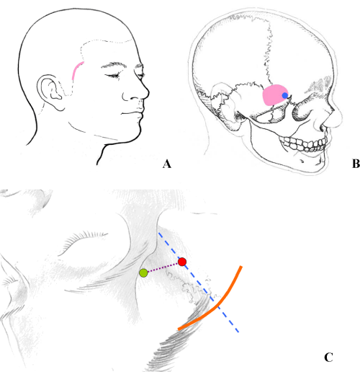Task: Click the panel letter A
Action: pyautogui.click(x=167, y=164)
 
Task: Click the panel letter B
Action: pyautogui.click(x=356, y=164)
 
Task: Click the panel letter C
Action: pyautogui.click(x=328, y=358)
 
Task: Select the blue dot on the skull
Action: pyautogui.click(x=285, y=95)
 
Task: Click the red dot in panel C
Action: pyautogui.click(x=182, y=262)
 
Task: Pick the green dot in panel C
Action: pyautogui.click(x=143, y=273)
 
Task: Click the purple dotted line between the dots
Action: pyautogui.click(x=163, y=267)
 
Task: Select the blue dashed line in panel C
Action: pyautogui.click(x=199, y=283)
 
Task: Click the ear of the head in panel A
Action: pyautogui.click(x=49, y=92)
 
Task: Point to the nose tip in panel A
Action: pyautogui.click(x=148, y=92)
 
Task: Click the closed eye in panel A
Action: pyautogui.click(x=112, y=76)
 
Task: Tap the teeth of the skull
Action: pyautogui.click(x=304, y=143)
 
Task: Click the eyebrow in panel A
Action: pyautogui.click(x=112, y=65)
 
